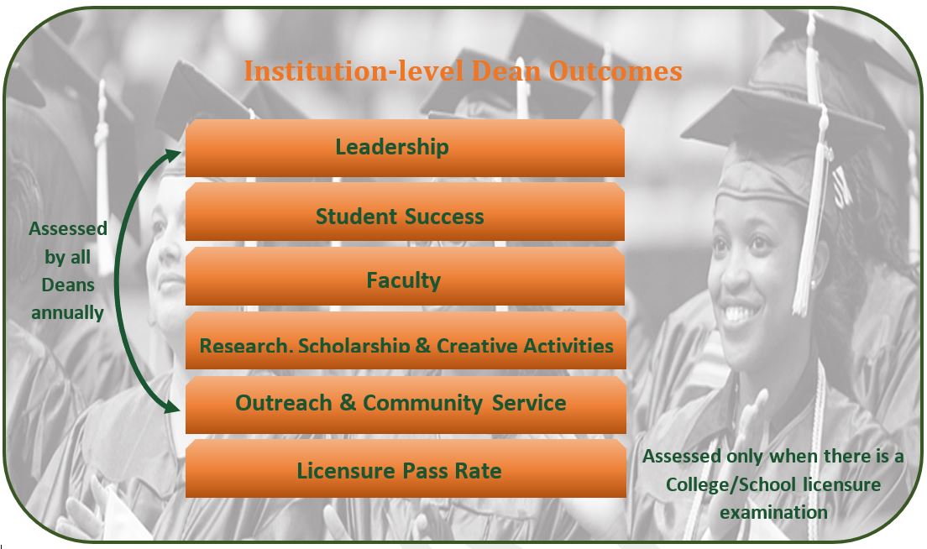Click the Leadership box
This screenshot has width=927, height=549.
pyautogui.click(x=405, y=148)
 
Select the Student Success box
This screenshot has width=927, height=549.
pyautogui.click(x=405, y=212)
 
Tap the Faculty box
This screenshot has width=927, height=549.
pyautogui.click(x=405, y=276)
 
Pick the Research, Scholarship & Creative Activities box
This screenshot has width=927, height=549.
pyautogui.click(x=406, y=341)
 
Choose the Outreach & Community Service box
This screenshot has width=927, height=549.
pyautogui.click(x=406, y=405)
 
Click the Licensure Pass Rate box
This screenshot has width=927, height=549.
pyautogui.click(x=406, y=468)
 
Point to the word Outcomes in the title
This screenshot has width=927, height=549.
pyautogui.click(x=615, y=71)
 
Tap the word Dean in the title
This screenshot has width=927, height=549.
pyautogui.click(x=506, y=71)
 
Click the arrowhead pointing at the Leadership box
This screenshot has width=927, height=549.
pyautogui.click(x=174, y=154)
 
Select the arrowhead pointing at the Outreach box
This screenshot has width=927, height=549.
pyautogui.click(x=172, y=406)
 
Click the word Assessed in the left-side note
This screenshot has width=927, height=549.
pyautogui.click(x=68, y=228)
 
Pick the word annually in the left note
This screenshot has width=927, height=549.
pyautogui.click(x=67, y=312)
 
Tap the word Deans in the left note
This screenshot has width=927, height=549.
pyautogui.click(x=68, y=285)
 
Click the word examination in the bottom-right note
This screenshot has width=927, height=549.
pyautogui.click(x=773, y=512)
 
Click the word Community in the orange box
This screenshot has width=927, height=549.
pyautogui.click(x=422, y=403)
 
